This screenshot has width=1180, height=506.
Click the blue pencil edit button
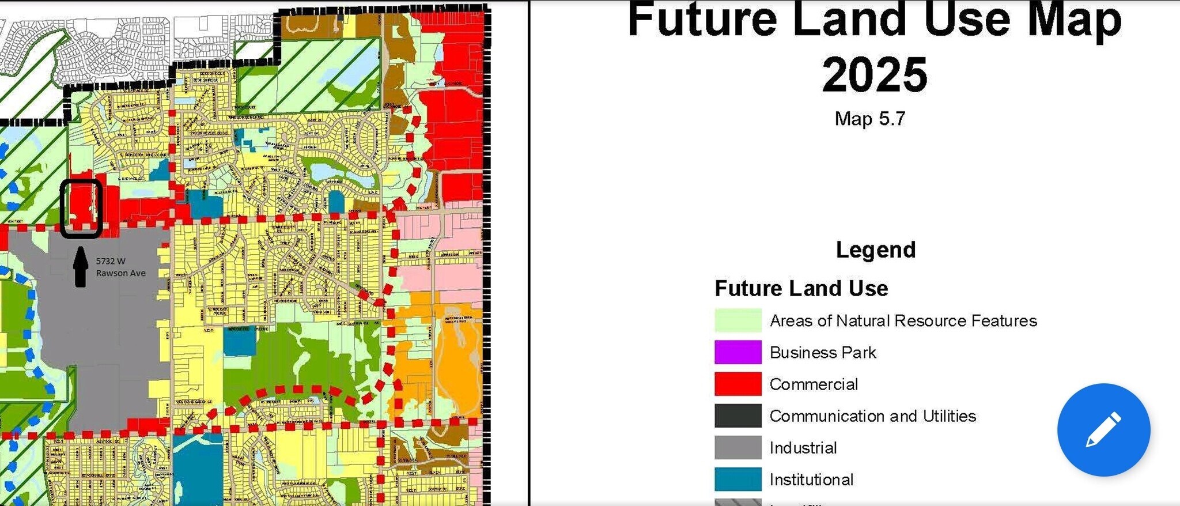coord(1103,430)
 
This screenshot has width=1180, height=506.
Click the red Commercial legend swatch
coord(737,384)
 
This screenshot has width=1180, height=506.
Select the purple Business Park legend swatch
coord(737,352)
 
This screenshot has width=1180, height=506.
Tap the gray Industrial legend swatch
coord(737,447)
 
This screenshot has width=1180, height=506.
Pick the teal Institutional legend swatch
coord(737,479)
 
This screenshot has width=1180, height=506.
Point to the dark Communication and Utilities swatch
coord(737,416)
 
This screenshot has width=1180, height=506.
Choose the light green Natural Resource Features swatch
coord(737,320)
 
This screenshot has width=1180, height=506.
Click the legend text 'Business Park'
coord(822,352)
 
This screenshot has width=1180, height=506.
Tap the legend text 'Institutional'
coord(811,479)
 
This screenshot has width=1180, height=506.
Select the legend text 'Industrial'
coord(803,448)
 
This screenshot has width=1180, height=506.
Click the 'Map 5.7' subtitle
coord(869,119)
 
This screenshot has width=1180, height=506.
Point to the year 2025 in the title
coord(874,75)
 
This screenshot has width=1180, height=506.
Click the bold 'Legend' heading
coord(875,250)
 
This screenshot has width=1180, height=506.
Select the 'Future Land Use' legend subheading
coord(801,288)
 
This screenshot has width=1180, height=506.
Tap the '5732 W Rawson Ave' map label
coord(120,267)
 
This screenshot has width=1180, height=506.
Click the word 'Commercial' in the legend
coord(814,384)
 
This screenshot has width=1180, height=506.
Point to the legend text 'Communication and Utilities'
coord(872,416)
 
